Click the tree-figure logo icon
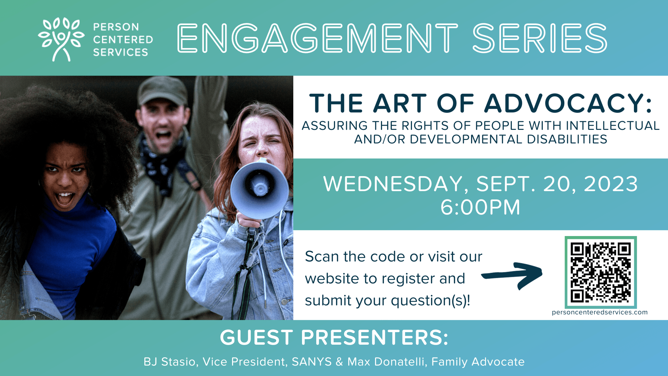(61, 39)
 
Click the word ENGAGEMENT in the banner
(317, 38)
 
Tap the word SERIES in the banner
(540, 38)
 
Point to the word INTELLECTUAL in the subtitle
(613, 125)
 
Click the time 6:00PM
(480, 207)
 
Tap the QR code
(601, 272)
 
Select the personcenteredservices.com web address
(600, 312)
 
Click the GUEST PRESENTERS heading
(334, 337)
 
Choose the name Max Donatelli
(387, 362)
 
